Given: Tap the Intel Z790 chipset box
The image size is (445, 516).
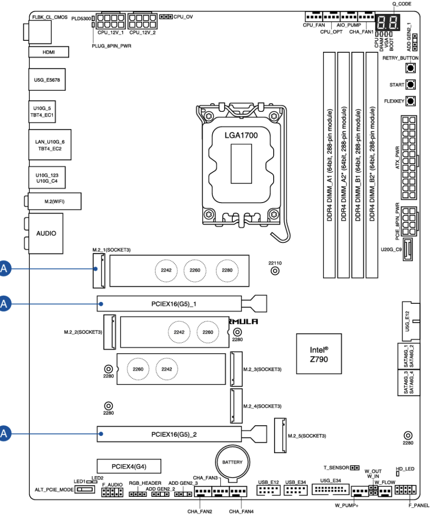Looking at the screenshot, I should pyautogui.click(x=318, y=353).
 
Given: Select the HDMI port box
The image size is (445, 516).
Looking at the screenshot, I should pyautogui.click(x=48, y=52).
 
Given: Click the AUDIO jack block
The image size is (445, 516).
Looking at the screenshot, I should pyautogui.click(x=46, y=233).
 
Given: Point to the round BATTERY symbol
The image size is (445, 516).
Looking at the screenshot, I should pyautogui.click(x=232, y=462).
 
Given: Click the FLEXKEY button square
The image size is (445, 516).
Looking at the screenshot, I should pyautogui.click(x=411, y=101).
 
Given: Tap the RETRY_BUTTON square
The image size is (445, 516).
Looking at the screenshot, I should pyautogui.click(x=411, y=68).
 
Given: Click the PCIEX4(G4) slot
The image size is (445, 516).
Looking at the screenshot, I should pyautogui.click(x=129, y=465).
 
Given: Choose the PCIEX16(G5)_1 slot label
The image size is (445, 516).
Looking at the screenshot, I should pyautogui.click(x=173, y=304).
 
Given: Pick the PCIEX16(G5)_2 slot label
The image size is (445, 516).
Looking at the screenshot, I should pyautogui.click(x=173, y=433).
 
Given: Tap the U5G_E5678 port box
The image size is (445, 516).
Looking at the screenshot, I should pyautogui.click(x=47, y=80).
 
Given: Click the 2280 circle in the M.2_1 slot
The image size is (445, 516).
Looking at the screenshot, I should pyautogui.click(x=225, y=270).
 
